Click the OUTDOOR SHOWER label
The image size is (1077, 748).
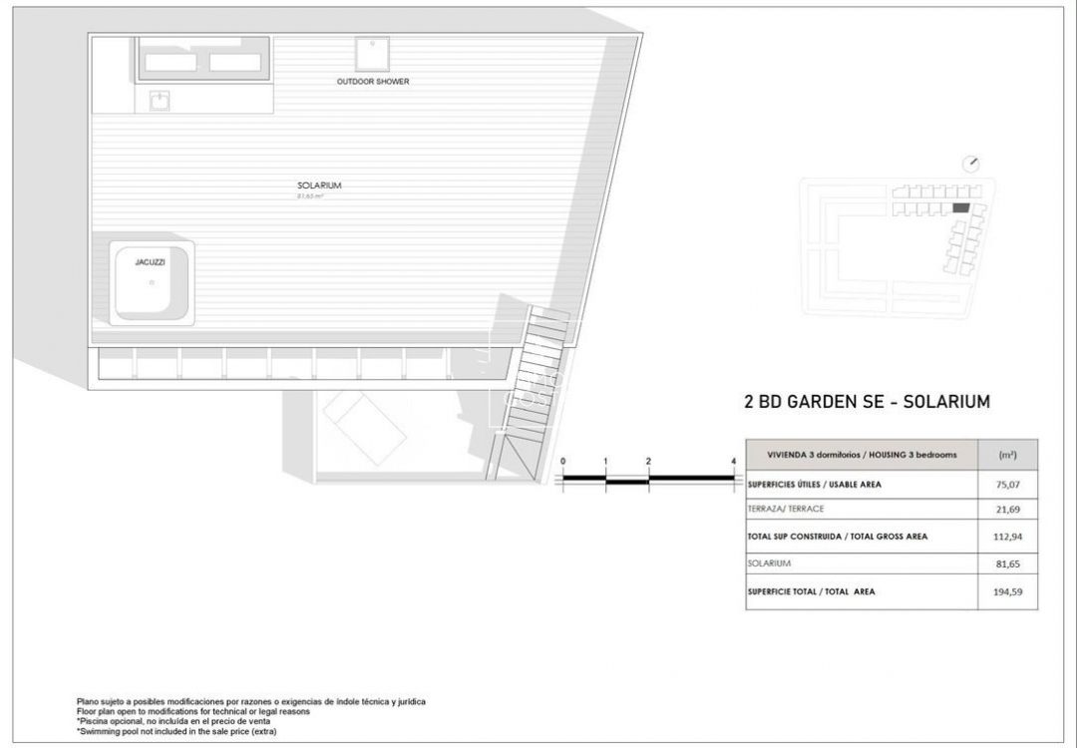pos(373,82)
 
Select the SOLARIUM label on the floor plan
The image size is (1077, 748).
pos(313,186)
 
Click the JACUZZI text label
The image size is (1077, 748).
pos(150,261)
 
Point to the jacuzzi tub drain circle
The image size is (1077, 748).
pos(153,282)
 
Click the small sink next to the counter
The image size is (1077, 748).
pos(160,101)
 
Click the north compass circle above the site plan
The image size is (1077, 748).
pos(972,164)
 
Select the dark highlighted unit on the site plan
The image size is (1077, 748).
pos(960,207)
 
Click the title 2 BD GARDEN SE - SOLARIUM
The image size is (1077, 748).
pos(867,403)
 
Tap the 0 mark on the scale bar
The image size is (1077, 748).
pos(563,461)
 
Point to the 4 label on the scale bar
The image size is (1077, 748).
pos(733,461)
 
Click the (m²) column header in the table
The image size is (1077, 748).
pos(1007,455)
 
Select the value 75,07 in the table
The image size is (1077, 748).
pos(1009,485)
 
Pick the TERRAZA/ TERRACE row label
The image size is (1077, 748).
pos(786,510)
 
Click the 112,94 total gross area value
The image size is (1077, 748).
pos(1009,537)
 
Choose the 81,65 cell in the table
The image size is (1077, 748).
pos(1009,563)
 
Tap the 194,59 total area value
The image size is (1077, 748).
pos(1009,592)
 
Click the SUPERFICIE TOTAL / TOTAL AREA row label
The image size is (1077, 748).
pos(811,592)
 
